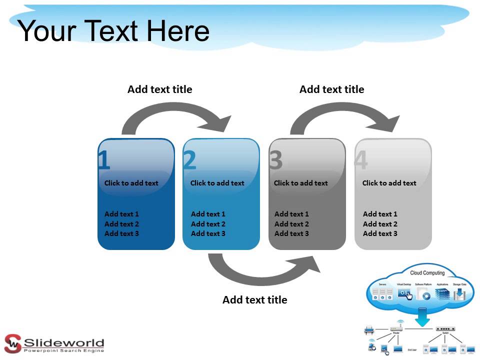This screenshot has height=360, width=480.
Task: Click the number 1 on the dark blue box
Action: (104, 160)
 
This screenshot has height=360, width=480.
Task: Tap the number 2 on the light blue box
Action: (190, 160)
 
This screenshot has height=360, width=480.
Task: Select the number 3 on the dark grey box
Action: (276, 160)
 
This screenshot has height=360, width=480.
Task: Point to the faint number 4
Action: (360, 160)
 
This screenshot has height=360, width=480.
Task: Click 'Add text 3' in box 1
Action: (121, 233)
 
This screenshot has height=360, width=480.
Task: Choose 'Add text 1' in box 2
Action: (208, 214)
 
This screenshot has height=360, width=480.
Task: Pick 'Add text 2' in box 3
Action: (291, 224)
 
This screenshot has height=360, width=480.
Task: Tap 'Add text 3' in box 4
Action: (380, 233)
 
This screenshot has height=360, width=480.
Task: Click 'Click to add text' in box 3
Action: (300, 183)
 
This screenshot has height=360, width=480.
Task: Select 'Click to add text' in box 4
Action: (389, 183)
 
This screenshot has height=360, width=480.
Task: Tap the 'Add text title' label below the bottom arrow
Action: (254, 300)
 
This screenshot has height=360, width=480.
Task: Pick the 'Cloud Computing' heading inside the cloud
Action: (427, 273)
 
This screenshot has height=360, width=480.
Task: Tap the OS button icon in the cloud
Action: (404, 294)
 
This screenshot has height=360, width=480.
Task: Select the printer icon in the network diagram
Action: (369, 330)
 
